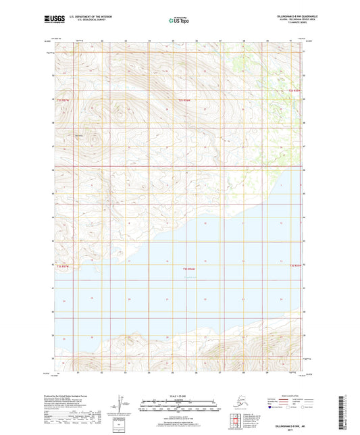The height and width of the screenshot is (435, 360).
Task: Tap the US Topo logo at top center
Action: [x=179, y=21]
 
